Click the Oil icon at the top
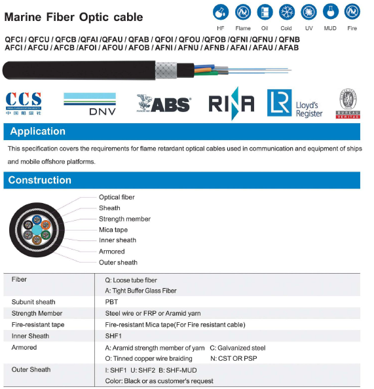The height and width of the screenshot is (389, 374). (x=265, y=12)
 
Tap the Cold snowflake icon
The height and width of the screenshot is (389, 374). (x=286, y=12)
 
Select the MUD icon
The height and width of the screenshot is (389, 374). (x=330, y=12)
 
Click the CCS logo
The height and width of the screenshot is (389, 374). (x=23, y=103)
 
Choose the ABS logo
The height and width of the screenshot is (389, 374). (x=163, y=103)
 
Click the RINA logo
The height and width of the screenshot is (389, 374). (x=231, y=103)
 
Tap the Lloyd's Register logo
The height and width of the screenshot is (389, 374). (x=295, y=103)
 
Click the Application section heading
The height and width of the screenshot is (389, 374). (x=37, y=132)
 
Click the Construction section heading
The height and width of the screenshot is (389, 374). (x=40, y=180)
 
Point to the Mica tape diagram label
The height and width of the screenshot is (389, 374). (x=113, y=230)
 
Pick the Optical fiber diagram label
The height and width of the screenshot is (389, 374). (x=117, y=197)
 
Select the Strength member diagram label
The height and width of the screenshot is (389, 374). (x=124, y=219)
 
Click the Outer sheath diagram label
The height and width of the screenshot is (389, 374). (x=118, y=263)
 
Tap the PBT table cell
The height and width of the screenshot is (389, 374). (x=111, y=302)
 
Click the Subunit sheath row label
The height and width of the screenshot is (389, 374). (x=33, y=302)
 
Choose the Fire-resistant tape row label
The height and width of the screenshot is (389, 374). (x=38, y=324)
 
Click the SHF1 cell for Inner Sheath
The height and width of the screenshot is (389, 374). (x=114, y=336)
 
